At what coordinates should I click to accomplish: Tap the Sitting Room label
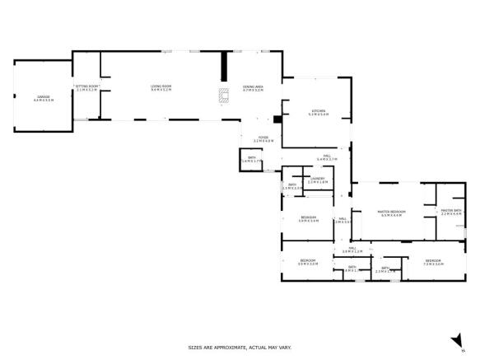point(86,87)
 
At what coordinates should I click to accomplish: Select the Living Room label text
point(161,87)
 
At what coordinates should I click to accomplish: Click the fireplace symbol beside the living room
point(222,96)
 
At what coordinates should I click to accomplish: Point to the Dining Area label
point(253,87)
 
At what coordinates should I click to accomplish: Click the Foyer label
point(263,138)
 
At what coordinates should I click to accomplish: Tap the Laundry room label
point(317,180)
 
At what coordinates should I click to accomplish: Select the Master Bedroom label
point(390,213)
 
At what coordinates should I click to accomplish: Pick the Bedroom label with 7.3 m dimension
point(433,263)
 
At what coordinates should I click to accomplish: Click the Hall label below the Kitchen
point(327,157)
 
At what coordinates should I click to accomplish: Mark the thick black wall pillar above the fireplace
point(222,67)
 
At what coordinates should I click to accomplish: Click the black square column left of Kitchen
point(278,119)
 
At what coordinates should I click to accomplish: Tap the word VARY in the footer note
point(282,347)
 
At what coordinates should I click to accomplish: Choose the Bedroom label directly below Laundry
point(308,219)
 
